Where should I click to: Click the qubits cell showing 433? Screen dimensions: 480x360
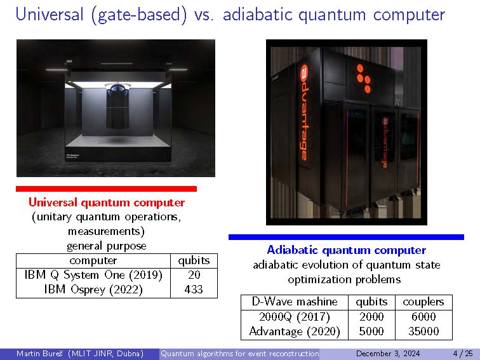click(x=194, y=290)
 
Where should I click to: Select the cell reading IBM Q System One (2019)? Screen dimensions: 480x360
click(x=93, y=275)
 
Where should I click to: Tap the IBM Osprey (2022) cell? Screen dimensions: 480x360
click(x=93, y=290)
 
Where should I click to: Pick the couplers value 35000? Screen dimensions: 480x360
click(x=423, y=331)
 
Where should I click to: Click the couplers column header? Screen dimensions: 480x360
click(x=423, y=302)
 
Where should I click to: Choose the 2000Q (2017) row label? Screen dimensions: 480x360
click(x=295, y=317)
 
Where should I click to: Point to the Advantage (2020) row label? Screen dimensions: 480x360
click(x=295, y=331)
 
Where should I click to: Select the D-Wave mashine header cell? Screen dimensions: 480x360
click(x=295, y=302)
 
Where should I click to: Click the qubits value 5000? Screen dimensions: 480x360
click(x=371, y=331)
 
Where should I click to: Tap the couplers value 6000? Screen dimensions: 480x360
click(x=423, y=317)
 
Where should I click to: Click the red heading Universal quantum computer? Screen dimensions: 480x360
click(x=107, y=203)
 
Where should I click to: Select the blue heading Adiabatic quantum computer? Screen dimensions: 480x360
click(x=346, y=250)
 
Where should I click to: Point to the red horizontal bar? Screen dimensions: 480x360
click(x=106, y=189)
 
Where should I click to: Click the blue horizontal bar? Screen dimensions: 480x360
click(x=346, y=237)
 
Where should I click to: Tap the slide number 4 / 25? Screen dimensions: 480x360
click(x=463, y=354)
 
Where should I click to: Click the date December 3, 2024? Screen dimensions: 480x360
click(x=388, y=354)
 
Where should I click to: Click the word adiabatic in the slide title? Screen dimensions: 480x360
click(x=257, y=15)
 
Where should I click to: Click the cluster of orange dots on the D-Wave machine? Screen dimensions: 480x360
click(x=363, y=78)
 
